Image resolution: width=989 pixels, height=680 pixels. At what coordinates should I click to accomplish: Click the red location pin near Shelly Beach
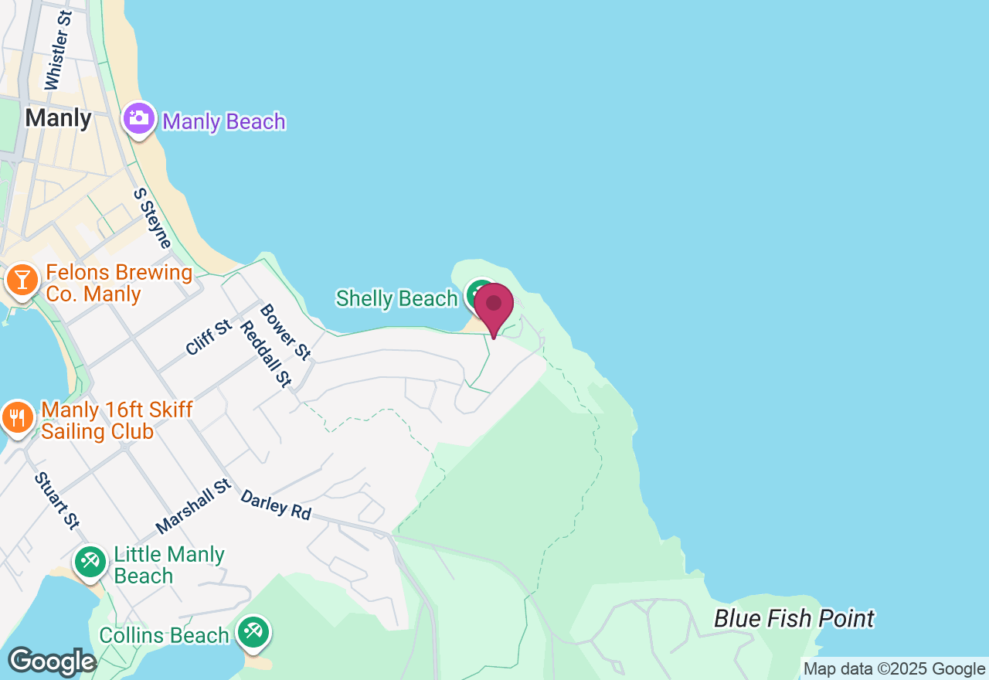494,306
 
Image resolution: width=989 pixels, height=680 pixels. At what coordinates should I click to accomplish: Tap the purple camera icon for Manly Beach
139,119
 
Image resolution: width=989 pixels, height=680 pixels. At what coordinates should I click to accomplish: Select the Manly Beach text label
224,122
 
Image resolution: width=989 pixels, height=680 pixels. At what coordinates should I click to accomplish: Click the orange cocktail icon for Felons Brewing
22,280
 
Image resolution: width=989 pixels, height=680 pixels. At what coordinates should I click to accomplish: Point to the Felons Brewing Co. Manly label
118,283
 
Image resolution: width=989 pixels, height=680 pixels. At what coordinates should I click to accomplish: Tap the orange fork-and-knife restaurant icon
17,418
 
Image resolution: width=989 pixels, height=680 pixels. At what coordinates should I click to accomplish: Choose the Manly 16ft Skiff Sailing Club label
117,420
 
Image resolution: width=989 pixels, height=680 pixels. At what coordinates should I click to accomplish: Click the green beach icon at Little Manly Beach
90,562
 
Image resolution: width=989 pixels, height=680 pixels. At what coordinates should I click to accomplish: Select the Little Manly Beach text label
168,565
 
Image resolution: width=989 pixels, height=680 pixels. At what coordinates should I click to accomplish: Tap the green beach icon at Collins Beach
252,632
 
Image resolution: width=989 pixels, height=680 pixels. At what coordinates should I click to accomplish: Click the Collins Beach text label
164,635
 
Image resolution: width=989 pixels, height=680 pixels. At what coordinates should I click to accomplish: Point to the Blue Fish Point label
794,619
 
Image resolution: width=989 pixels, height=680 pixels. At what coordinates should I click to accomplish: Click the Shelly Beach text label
396,298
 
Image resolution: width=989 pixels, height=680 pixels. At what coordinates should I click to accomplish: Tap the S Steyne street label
152,219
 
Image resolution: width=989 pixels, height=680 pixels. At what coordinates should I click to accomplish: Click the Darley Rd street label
275,505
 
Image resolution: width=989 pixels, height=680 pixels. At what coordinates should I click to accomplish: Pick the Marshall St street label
193,505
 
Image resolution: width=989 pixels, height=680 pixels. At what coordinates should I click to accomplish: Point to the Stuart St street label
56,501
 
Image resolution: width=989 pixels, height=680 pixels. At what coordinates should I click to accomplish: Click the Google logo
52,662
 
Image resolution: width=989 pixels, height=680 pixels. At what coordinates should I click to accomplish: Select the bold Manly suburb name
58,118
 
